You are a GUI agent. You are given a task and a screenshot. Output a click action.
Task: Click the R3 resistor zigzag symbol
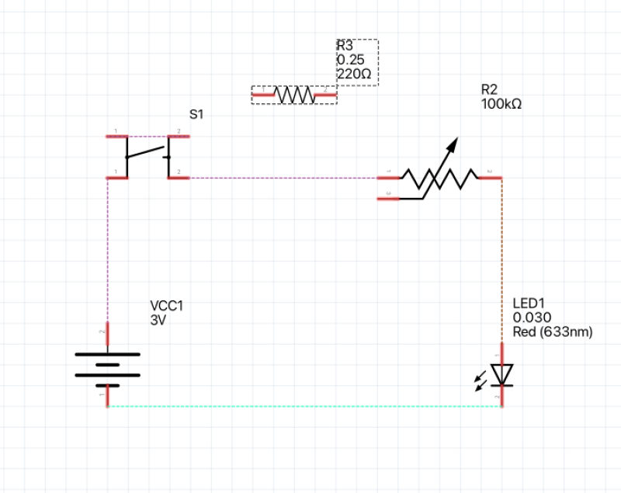[294, 95]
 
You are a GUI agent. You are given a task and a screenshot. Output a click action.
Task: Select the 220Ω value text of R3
[353, 74]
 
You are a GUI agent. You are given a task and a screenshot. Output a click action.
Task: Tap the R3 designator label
[345, 46]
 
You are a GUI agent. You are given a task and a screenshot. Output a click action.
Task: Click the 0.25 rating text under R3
[350, 60]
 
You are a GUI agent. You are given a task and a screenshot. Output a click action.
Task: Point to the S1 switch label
[196, 114]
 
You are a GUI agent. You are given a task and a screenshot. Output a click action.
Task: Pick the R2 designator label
[489, 89]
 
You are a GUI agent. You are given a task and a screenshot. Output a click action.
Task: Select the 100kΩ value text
[501, 102]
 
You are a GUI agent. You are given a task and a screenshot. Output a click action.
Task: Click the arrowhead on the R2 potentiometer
[453, 143]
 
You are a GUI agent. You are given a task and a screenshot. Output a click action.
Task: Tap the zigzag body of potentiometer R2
[439, 179]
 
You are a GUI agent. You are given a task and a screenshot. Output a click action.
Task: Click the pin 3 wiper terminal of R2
[388, 199]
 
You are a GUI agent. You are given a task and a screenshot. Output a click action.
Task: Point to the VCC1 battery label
[166, 306]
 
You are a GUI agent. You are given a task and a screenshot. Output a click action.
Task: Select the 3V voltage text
[158, 319]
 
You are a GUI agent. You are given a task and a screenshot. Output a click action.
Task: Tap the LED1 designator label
[529, 304]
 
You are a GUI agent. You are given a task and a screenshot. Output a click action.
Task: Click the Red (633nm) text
[552, 332]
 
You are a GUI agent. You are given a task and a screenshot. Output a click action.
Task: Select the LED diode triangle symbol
[502, 373]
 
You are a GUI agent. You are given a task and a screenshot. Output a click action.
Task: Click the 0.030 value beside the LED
[532, 318]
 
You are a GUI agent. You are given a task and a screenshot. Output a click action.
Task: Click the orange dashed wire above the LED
[502, 256]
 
